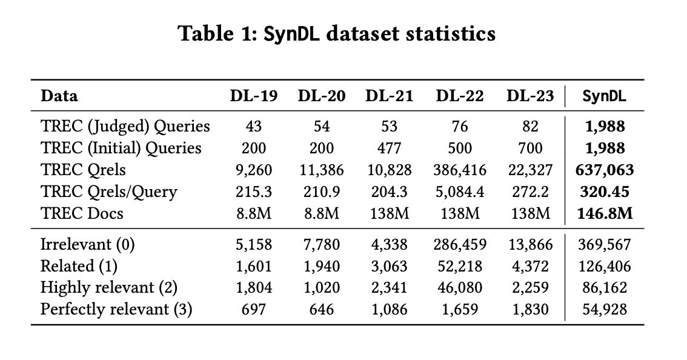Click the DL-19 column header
click(x=253, y=96)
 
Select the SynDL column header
click(x=604, y=96)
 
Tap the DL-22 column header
click(x=459, y=96)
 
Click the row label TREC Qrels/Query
click(x=109, y=192)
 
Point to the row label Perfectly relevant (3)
click(x=116, y=309)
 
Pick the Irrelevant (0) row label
click(x=87, y=244)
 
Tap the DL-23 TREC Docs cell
click(x=530, y=213)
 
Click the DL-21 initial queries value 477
click(x=390, y=148)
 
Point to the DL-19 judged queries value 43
click(x=254, y=126)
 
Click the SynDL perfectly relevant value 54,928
click(x=603, y=309)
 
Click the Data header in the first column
click(x=59, y=96)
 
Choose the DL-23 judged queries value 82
click(x=530, y=126)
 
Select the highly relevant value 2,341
click(x=390, y=288)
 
